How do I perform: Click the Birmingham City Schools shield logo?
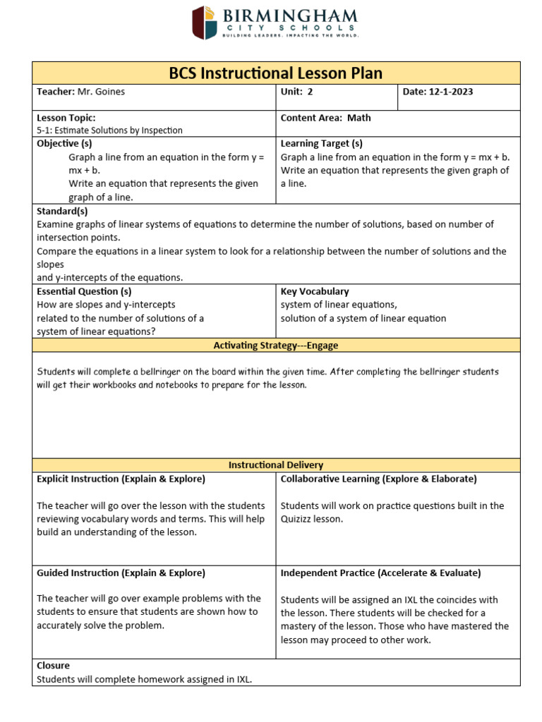click(206, 23)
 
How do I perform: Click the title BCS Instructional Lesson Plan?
click(276, 73)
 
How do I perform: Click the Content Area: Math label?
click(325, 118)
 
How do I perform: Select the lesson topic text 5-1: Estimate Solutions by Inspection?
click(109, 130)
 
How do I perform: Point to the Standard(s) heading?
click(62, 211)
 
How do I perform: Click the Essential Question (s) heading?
click(84, 291)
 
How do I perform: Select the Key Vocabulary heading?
click(315, 291)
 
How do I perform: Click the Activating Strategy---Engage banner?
click(276, 345)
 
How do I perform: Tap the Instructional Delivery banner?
click(276, 465)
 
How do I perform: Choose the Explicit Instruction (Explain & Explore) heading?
click(121, 479)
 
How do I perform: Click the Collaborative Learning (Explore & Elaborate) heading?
click(378, 479)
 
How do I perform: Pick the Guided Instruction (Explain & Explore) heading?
click(121, 573)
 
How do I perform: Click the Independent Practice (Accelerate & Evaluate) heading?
click(380, 573)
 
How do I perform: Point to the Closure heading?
click(53, 666)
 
